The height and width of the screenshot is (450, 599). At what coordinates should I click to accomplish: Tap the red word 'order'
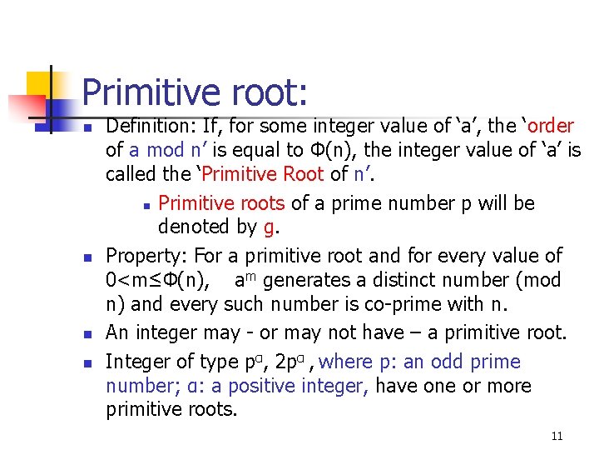pyautogui.click(x=550, y=127)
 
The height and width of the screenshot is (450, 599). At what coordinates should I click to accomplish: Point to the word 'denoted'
pyautogui.click(x=194, y=227)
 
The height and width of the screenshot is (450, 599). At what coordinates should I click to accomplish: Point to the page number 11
pyautogui.click(x=557, y=436)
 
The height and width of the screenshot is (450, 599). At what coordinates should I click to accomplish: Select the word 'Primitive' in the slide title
pyautogui.click(x=149, y=92)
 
